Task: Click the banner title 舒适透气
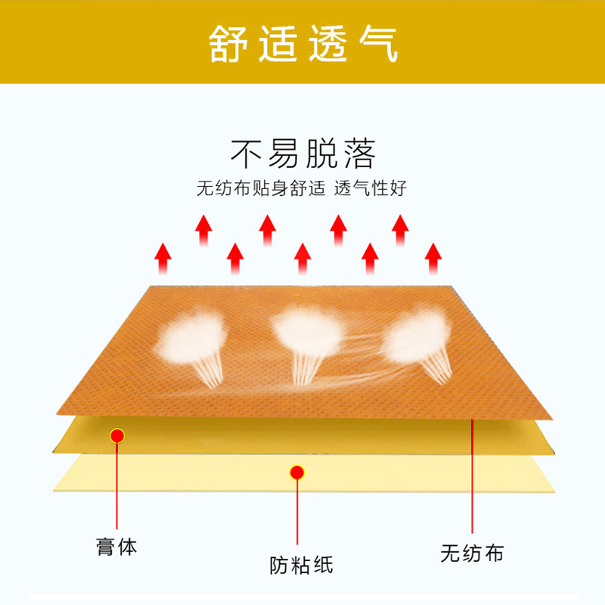303,43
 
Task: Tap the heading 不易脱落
303,154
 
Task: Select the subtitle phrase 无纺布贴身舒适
261,188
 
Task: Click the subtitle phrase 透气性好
370,188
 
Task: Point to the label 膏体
116,547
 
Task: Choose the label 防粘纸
301,565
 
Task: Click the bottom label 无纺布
472,554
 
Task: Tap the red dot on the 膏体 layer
117,436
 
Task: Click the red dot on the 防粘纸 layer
296,473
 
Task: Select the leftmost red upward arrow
163,259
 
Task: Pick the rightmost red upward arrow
433,259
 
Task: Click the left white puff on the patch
192,338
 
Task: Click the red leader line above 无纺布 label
472,476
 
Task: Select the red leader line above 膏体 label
117,486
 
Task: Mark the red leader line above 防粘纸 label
297,512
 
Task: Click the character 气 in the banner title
379,43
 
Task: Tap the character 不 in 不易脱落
247,154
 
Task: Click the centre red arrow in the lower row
302,259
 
